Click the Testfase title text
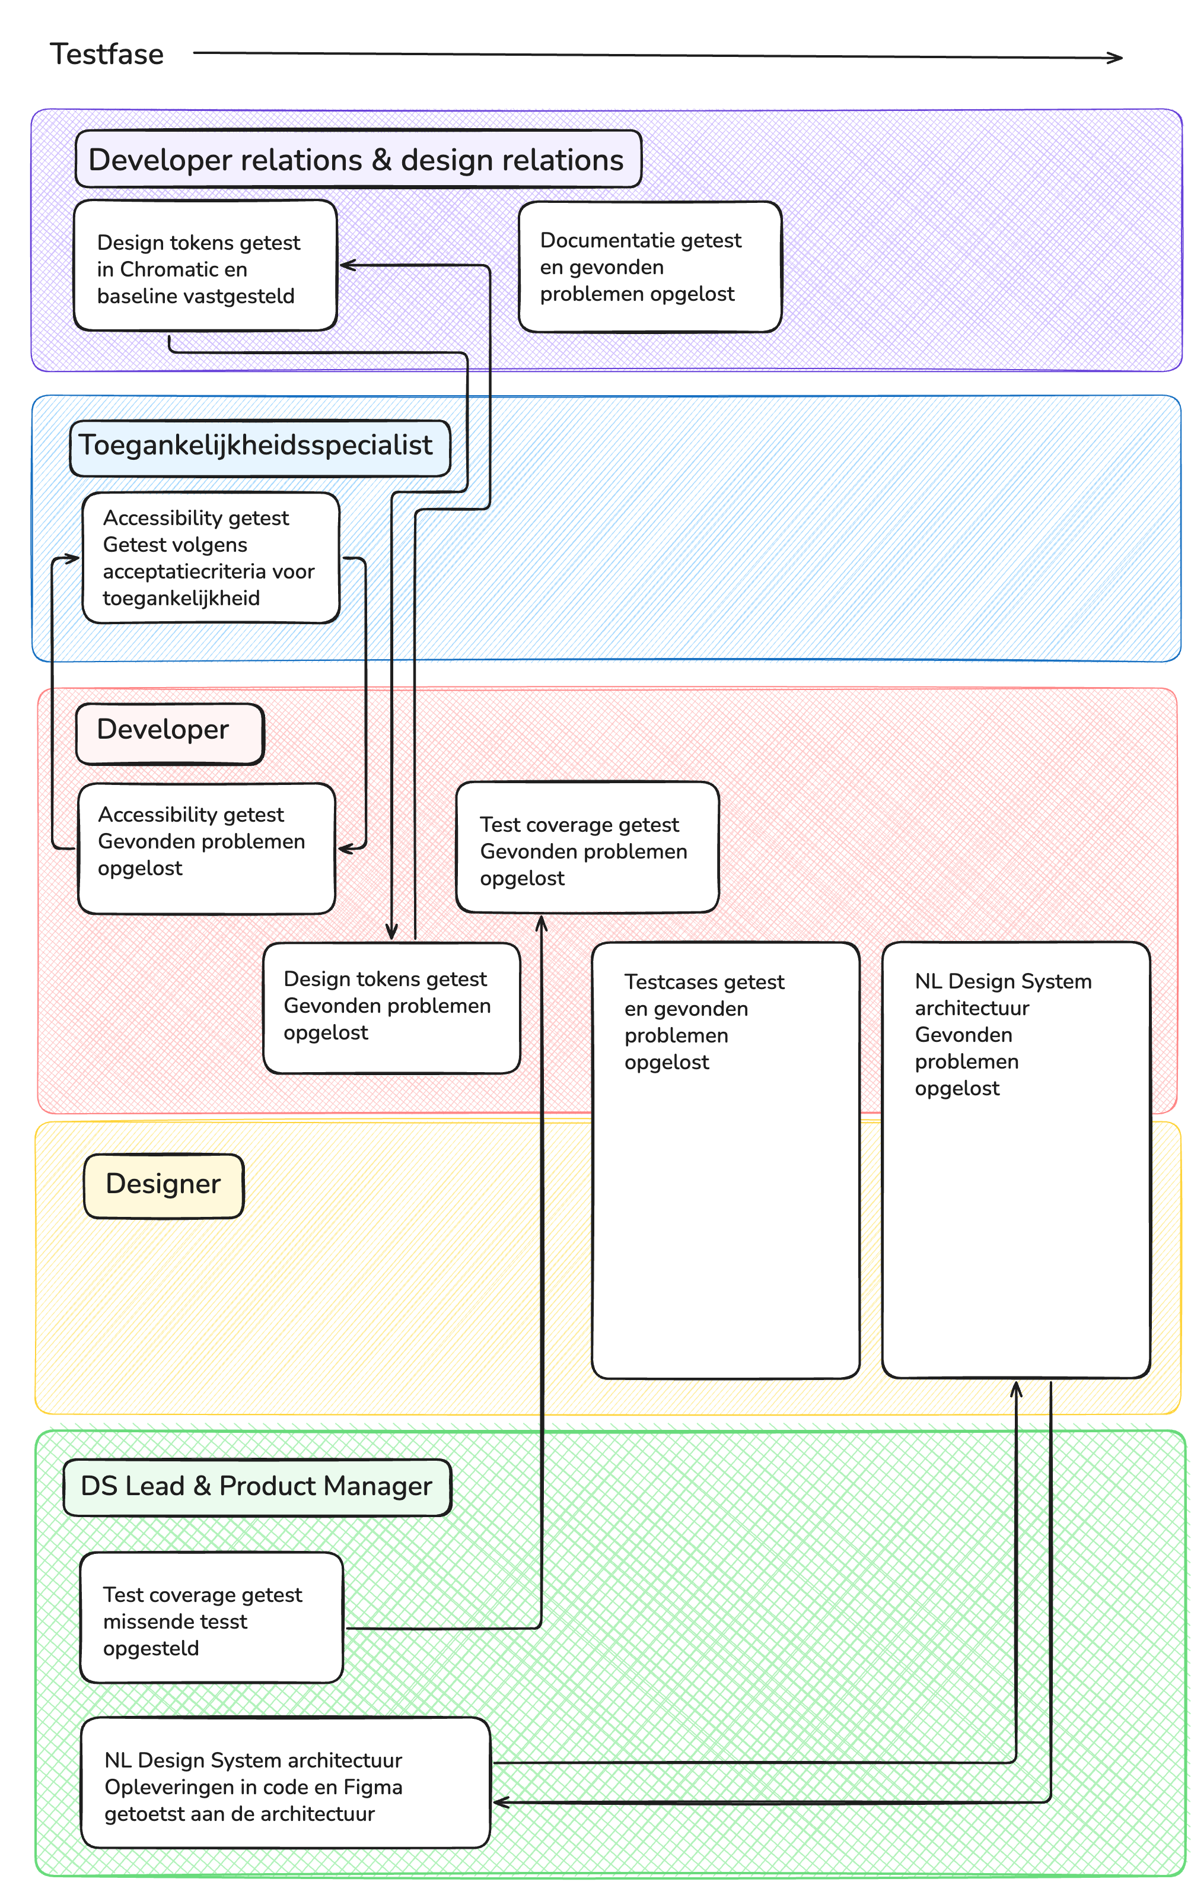(107, 54)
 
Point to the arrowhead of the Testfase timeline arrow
(1118, 57)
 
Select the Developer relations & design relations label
(357, 160)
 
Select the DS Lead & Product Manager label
(256, 1485)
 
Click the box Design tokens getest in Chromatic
(205, 266)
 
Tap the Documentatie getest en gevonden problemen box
(649, 266)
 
